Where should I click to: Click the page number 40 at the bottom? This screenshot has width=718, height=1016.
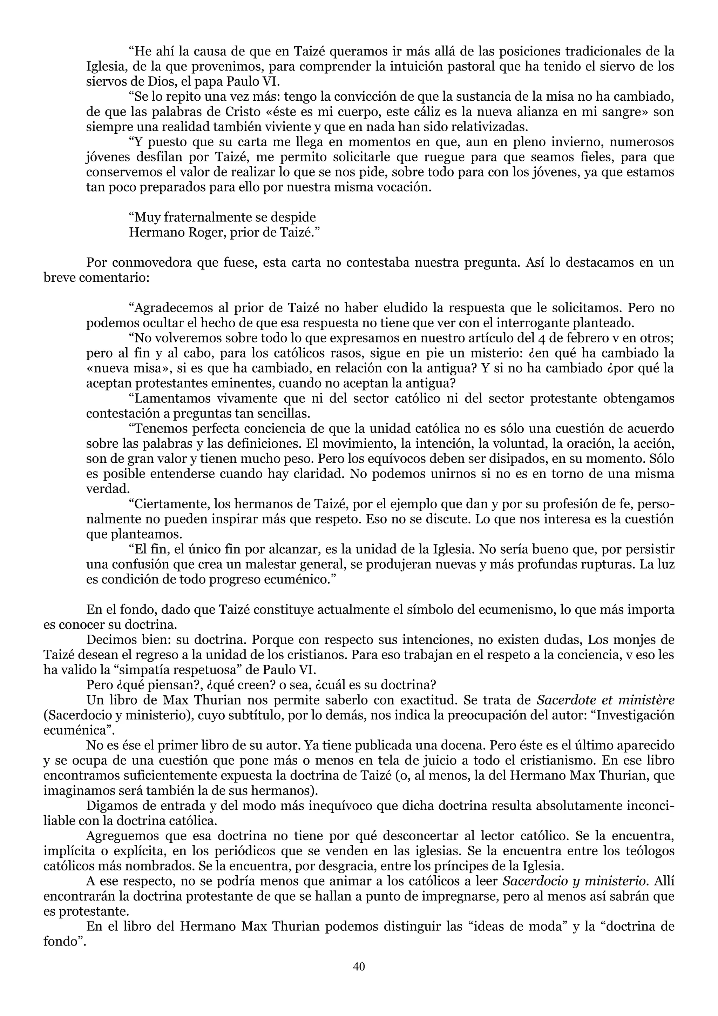pos(359,967)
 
